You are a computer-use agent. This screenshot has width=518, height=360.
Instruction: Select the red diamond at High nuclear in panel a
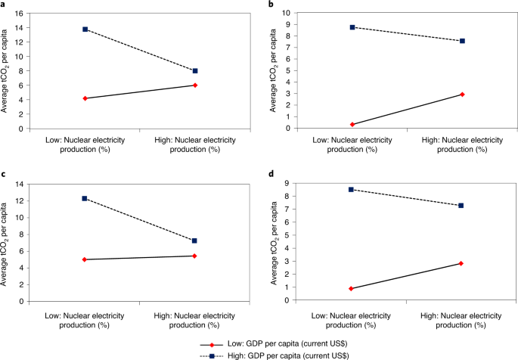[x=195, y=85]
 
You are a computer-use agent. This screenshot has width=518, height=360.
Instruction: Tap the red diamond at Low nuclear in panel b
[x=352, y=124]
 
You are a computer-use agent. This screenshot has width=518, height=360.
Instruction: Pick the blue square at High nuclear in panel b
[x=462, y=41]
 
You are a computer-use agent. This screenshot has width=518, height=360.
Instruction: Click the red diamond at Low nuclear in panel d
[x=352, y=288]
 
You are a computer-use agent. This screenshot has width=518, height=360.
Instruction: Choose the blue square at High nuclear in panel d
[x=462, y=205]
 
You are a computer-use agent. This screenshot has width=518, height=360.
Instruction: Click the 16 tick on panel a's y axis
[x=18, y=13]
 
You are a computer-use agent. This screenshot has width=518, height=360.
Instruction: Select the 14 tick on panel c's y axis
[x=18, y=185]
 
